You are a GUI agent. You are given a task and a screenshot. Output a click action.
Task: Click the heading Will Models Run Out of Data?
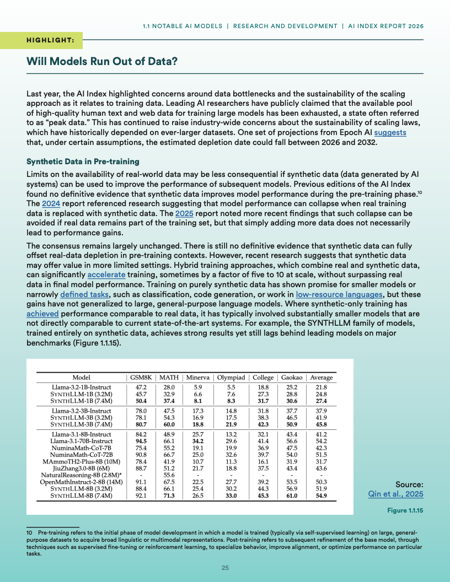point(102,61)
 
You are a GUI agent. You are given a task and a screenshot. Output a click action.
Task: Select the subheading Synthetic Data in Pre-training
point(83,161)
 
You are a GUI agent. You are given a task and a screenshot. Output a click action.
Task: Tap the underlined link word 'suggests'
point(390,133)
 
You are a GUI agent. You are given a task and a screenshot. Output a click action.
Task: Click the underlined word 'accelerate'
point(106,274)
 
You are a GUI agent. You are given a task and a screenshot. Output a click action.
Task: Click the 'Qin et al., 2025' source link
point(395,494)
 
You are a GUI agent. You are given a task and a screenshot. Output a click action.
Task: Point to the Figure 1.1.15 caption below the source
point(405,511)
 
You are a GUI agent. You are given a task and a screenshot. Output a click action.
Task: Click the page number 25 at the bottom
point(225,568)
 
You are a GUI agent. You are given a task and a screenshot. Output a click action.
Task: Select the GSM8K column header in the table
point(141,378)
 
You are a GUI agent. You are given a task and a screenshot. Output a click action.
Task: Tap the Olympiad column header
point(231,378)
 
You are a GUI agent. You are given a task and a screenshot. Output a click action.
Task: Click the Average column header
point(322,378)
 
